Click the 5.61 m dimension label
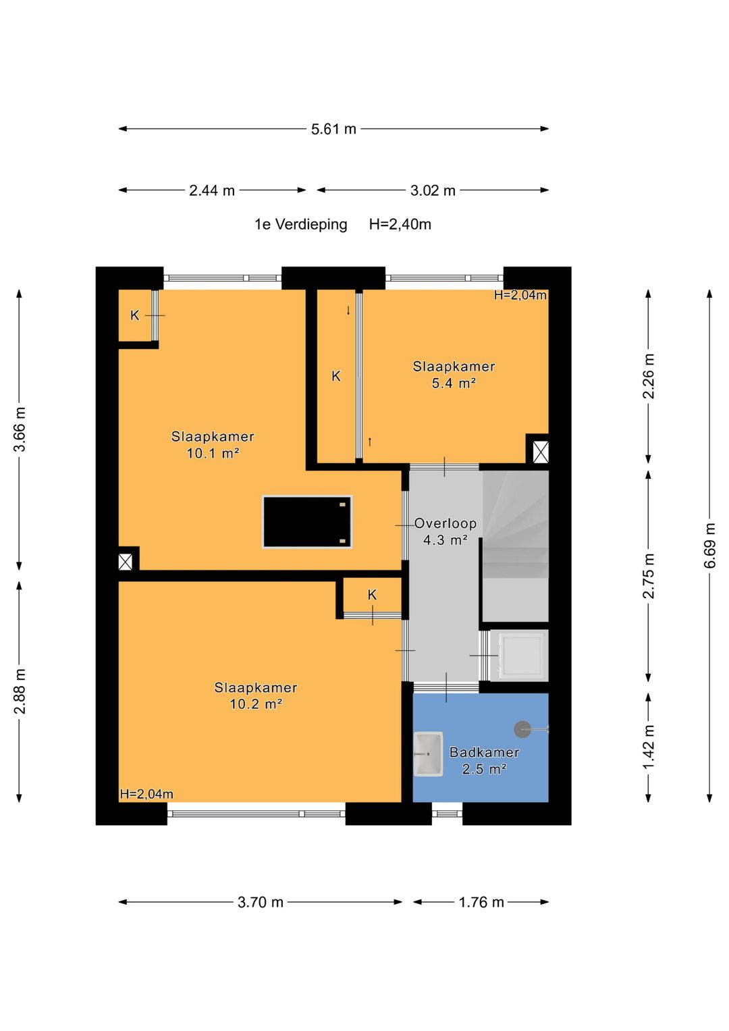[333, 129]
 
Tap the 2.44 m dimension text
[212, 190]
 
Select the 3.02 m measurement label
[433, 190]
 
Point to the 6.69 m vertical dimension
[709, 545]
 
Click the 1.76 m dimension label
[481, 902]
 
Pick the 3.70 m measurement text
[261, 902]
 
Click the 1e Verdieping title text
[301, 224]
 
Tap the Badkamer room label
[484, 752]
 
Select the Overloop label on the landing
[445, 523]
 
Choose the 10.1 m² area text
[213, 453]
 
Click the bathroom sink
[427, 754]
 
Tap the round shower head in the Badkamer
[522, 729]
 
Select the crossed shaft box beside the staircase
[540, 452]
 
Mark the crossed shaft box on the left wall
[125, 562]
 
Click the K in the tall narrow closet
[336, 376]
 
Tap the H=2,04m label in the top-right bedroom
[520, 295]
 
